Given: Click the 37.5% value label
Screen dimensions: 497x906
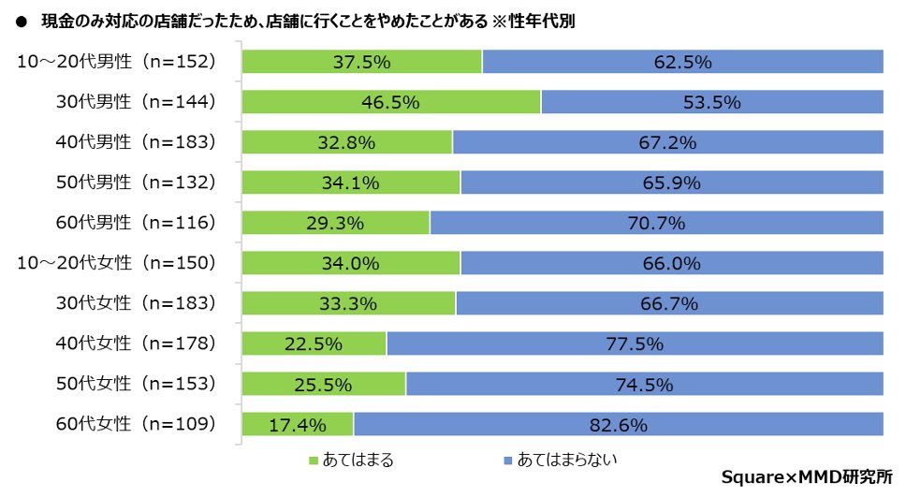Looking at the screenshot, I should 361,62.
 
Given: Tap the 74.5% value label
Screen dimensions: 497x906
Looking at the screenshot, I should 644,384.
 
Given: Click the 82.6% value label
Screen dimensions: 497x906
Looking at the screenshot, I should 619,425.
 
